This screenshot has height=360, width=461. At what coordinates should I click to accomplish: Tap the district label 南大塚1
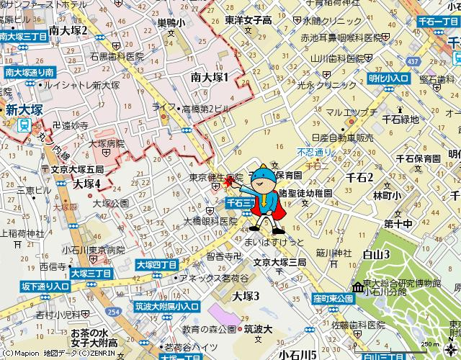pyautogui.click(x=210, y=77)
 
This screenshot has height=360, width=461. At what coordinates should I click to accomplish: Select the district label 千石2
pyautogui.click(x=359, y=177)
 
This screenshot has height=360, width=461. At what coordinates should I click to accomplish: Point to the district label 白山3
pyautogui.click(x=376, y=253)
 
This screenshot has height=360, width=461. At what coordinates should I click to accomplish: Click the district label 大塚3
pyautogui.click(x=246, y=295)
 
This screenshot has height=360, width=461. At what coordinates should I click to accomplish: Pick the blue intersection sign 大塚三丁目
pyautogui.click(x=91, y=274)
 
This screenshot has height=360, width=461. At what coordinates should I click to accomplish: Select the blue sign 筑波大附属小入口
pyautogui.click(x=166, y=307)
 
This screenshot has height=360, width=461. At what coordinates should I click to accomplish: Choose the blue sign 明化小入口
pyautogui.click(x=389, y=78)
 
